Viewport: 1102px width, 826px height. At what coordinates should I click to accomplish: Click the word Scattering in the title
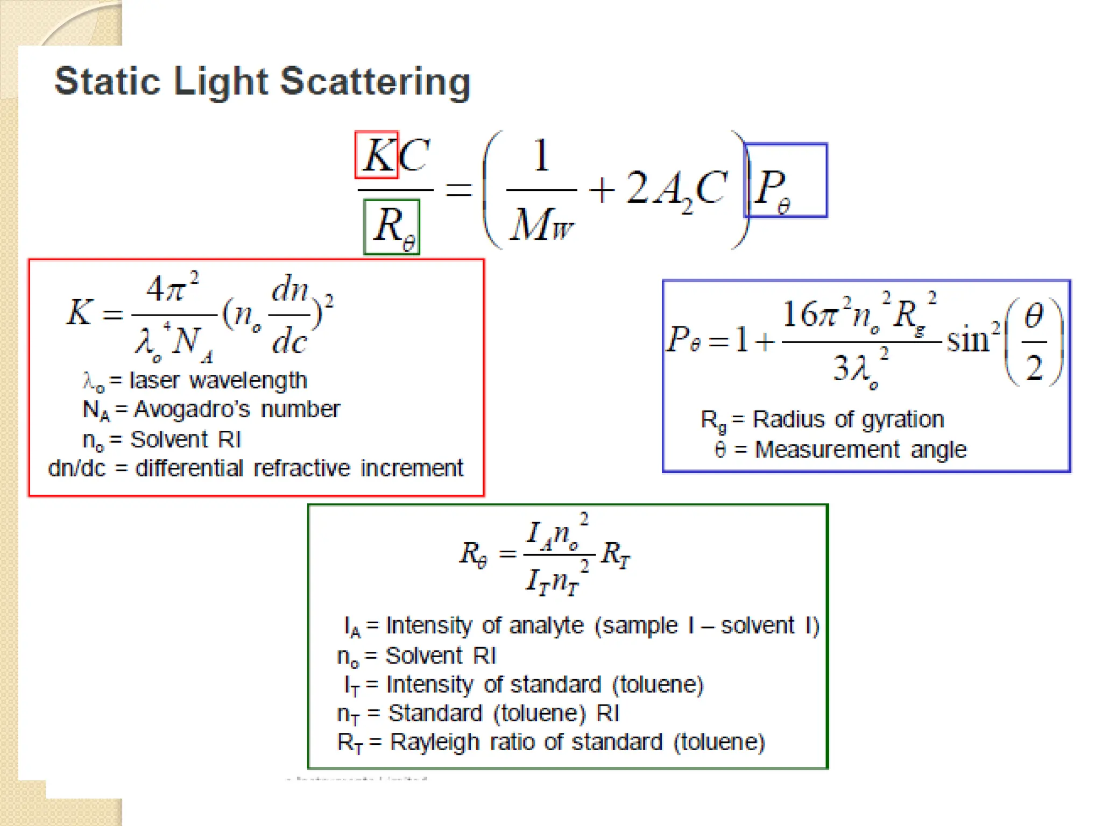(x=375, y=82)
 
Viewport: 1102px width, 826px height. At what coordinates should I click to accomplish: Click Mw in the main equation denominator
(x=541, y=224)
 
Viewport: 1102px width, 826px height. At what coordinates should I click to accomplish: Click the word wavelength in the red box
(x=248, y=381)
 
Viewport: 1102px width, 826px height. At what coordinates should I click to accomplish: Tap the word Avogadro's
(x=192, y=410)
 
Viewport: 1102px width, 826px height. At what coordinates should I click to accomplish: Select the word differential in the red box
(x=189, y=468)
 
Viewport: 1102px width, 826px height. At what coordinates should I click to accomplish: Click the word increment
(x=412, y=468)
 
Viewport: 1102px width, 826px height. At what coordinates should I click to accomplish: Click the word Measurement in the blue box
(x=827, y=450)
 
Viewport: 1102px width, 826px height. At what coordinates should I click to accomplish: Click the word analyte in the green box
(x=546, y=626)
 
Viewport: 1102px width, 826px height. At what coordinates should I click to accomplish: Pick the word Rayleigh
(x=434, y=743)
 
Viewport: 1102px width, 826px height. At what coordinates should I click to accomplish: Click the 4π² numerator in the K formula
(x=171, y=289)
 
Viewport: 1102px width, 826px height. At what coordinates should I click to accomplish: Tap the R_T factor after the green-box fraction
(x=615, y=554)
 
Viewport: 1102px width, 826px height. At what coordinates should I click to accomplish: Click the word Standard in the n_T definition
(x=435, y=714)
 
